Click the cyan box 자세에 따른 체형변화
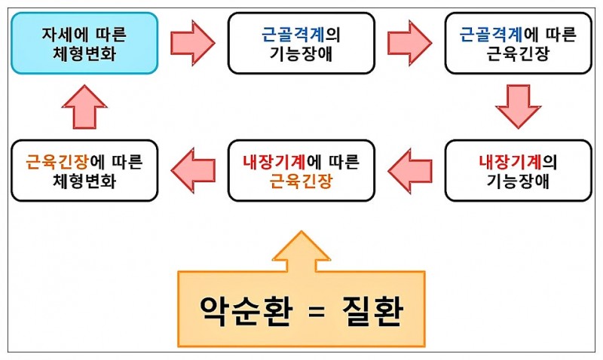point(84,43)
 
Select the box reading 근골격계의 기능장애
point(301,43)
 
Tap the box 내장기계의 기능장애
point(517,170)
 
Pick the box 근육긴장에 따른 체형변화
point(84,170)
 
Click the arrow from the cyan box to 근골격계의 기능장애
point(193,43)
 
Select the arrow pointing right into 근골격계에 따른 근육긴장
point(409,43)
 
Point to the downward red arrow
point(518,106)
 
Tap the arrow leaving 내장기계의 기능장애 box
point(409,170)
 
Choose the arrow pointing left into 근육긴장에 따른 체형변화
point(193,170)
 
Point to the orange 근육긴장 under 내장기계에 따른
point(301,182)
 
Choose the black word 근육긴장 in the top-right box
point(517,54)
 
